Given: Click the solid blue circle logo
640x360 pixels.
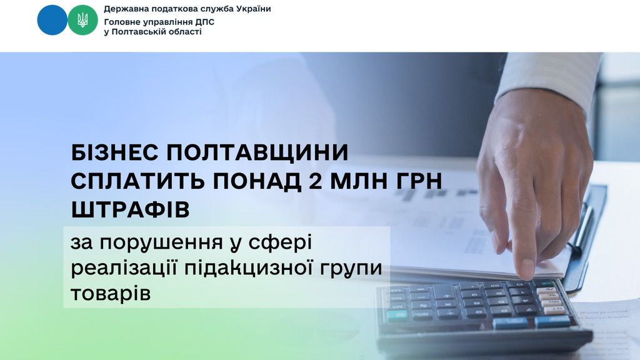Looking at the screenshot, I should tap(52, 20).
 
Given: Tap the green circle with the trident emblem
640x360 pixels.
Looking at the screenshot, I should tap(82, 20).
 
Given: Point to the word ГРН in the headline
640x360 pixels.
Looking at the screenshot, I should tap(412, 181).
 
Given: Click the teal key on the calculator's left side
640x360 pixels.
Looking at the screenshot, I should tap(397, 314).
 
